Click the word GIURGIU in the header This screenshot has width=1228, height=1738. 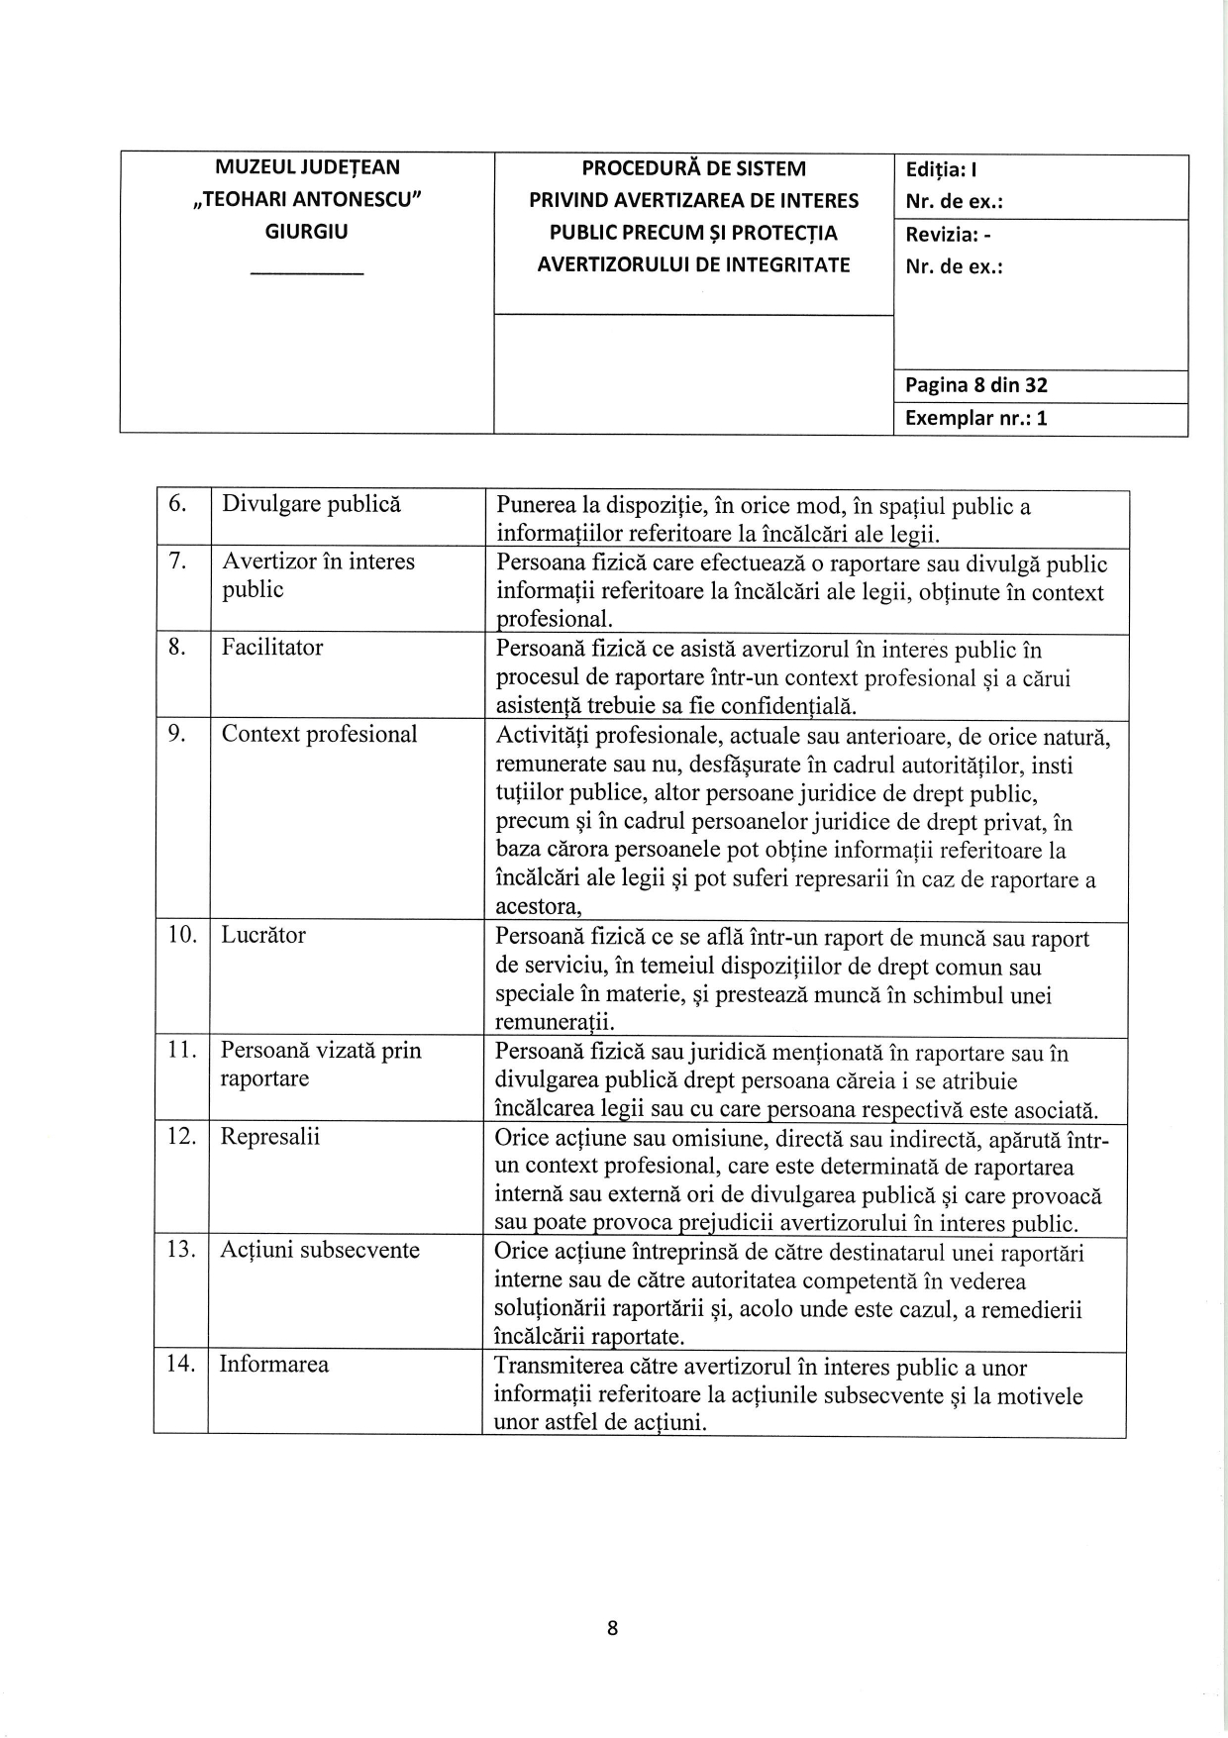(307, 232)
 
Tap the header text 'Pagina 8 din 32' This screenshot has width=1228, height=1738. (976, 385)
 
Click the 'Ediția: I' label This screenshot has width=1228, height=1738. (942, 169)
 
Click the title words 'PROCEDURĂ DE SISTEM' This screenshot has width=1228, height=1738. (693, 168)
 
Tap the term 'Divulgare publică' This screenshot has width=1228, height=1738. (311, 503)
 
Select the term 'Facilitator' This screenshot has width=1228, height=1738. (272, 647)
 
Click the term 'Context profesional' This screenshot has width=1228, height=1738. (319, 734)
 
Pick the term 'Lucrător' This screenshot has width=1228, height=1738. (263, 935)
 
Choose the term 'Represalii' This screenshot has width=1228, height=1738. (270, 1136)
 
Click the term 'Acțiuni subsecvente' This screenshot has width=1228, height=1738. (320, 1250)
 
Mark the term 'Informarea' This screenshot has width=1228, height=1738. (273, 1364)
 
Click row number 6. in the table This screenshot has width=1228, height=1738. (177, 503)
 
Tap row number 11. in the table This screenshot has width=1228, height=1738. (181, 1050)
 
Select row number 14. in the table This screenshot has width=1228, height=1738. (180, 1364)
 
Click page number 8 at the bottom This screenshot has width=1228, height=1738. (613, 1628)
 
